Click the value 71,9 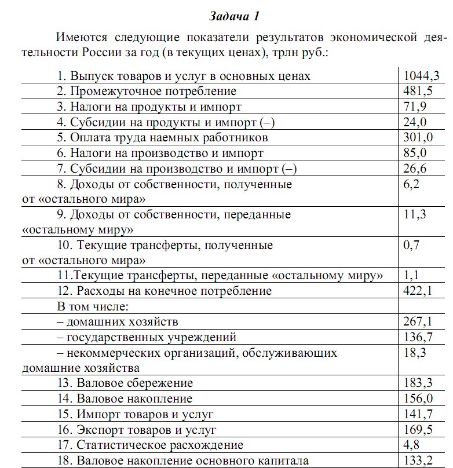point(415,107)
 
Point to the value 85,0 point(415,153)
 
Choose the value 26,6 point(415,169)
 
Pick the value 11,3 point(415,215)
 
